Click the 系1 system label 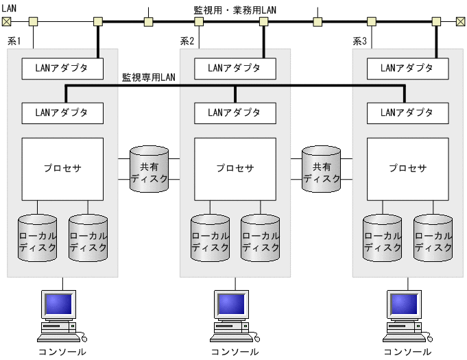[x=14, y=42]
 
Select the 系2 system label [x=187, y=42]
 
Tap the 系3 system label [x=360, y=42]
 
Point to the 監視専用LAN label [x=148, y=77]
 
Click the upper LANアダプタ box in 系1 [x=62, y=68]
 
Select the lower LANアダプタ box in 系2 [x=235, y=112]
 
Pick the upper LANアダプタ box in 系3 [x=408, y=68]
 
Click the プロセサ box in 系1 [x=62, y=168]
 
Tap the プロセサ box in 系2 [x=235, y=168]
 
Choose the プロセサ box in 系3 [x=408, y=168]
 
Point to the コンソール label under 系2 [x=235, y=352]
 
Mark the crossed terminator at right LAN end [x=460, y=21]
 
